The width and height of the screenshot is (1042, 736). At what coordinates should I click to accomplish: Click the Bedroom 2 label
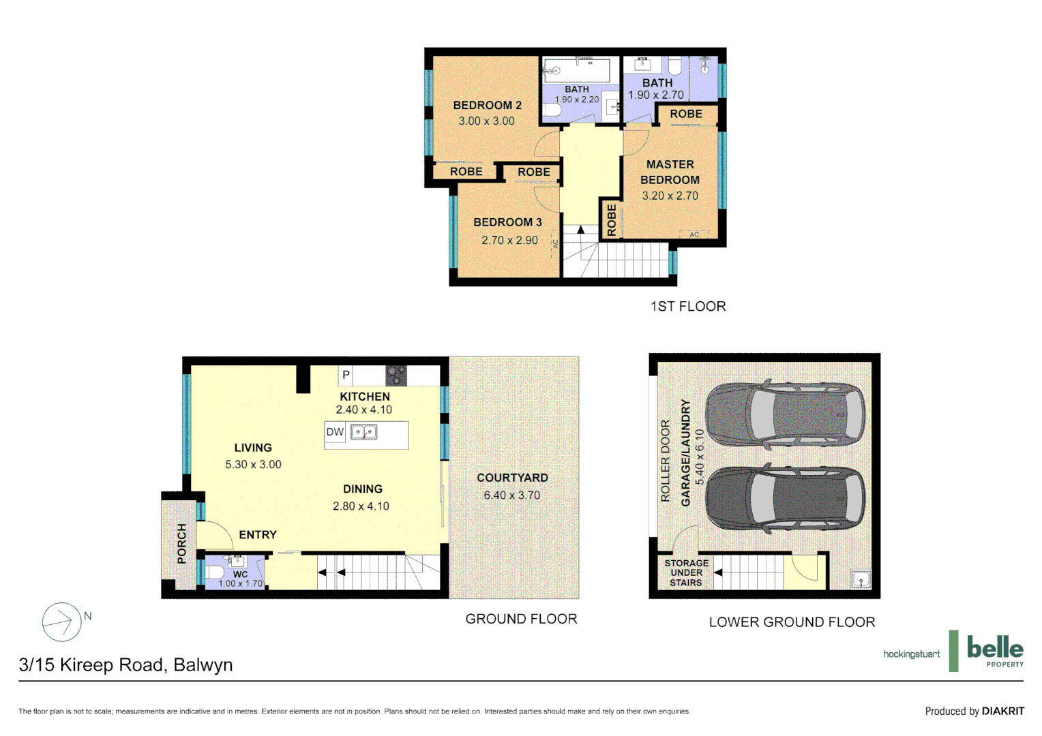point(487,105)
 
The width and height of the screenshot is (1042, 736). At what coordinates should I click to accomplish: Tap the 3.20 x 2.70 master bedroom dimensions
point(670,196)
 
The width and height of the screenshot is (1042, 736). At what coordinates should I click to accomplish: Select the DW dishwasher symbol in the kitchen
point(334,432)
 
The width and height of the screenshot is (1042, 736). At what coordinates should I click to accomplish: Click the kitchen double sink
point(363,432)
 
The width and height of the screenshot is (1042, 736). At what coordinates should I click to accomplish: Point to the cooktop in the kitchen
point(396,375)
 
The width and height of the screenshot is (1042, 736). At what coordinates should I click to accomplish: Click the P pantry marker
point(346,375)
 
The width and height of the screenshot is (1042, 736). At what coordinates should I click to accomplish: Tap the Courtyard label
point(512,478)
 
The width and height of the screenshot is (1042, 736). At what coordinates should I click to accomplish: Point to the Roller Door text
point(666,461)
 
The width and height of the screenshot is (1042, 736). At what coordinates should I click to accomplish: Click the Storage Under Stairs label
point(686,573)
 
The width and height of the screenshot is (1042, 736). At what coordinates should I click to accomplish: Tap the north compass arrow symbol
point(61,622)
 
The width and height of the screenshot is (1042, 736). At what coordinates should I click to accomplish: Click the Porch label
point(181,543)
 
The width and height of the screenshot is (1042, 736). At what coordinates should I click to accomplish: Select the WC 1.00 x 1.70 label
point(240,579)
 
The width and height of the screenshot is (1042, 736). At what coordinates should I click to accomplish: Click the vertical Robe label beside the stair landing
point(611,219)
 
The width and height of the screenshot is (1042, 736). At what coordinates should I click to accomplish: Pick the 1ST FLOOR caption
point(687,307)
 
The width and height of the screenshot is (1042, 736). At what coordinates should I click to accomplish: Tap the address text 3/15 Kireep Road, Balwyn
point(125,664)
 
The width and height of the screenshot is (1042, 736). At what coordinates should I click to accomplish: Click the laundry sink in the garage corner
point(861,579)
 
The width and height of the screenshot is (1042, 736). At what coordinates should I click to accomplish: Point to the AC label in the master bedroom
point(694,234)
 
